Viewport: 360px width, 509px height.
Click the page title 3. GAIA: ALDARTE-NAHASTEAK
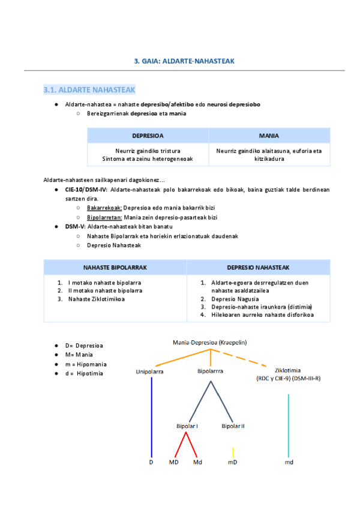tap(184, 61)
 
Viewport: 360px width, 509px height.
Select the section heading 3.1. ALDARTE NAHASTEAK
tap(89, 90)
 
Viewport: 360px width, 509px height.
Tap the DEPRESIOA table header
tap(148, 136)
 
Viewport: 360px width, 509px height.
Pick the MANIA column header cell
tap(269, 136)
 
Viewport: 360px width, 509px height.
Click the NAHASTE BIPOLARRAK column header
tap(115, 267)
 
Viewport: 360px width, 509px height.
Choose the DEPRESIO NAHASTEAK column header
tap(258, 267)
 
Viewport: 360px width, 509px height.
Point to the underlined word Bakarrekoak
tap(104, 207)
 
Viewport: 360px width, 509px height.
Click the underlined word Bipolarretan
tap(104, 217)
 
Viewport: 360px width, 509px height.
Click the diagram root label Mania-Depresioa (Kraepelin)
tap(210, 343)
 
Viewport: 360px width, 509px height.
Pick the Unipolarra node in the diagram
tap(150, 372)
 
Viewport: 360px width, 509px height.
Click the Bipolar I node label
tap(187, 426)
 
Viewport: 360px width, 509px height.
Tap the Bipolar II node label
tap(233, 426)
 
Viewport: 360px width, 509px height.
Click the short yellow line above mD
tap(233, 451)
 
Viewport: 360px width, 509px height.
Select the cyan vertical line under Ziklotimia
tap(289, 420)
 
